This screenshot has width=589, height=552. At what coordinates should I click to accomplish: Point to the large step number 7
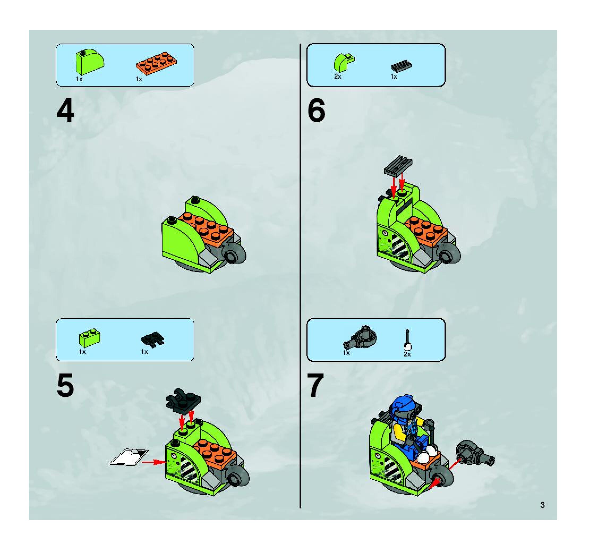(316, 385)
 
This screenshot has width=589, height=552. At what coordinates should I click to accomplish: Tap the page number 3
(542, 505)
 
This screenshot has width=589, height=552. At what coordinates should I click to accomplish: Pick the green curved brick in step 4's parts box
(90, 62)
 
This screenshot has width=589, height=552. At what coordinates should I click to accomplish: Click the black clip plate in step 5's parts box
(153, 340)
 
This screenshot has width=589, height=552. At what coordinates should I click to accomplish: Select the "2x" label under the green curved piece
(338, 77)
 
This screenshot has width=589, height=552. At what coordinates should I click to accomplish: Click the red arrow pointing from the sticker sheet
(153, 462)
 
